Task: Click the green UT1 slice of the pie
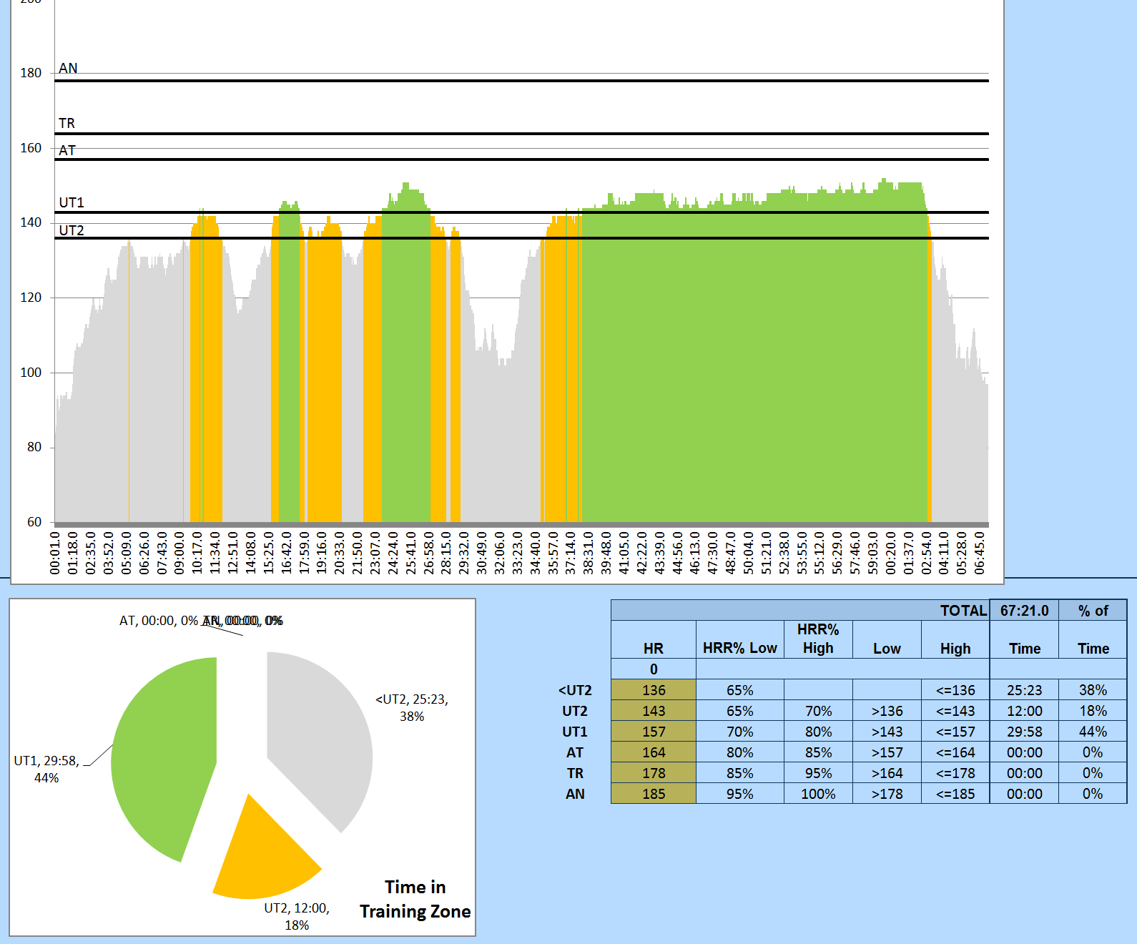click(x=164, y=758)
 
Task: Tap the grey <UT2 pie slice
click(x=322, y=744)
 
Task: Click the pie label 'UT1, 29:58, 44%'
click(x=46, y=770)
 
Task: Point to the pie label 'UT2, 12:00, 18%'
click(x=297, y=916)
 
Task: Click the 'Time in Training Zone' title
click(x=415, y=899)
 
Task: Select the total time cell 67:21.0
click(x=1024, y=611)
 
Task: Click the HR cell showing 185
click(x=654, y=794)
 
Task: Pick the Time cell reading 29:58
click(x=1024, y=732)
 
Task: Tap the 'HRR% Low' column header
click(x=739, y=648)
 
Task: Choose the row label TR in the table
click(x=575, y=773)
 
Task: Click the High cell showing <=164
click(x=955, y=752)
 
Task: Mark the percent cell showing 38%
click(x=1093, y=690)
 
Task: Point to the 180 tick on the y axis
click(x=31, y=73)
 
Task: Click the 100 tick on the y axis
click(x=31, y=373)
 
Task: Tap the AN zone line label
click(x=68, y=68)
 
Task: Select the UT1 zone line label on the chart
click(x=72, y=202)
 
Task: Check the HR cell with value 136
click(x=654, y=690)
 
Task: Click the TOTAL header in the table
click(x=963, y=611)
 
